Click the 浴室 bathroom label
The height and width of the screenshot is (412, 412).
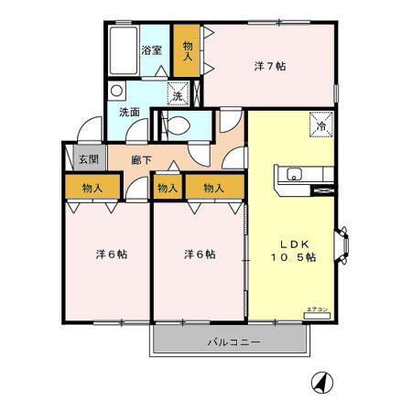(151, 51)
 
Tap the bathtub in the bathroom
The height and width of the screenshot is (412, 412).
(123, 53)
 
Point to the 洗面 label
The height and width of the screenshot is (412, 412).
(129, 112)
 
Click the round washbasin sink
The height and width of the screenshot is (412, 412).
(114, 92)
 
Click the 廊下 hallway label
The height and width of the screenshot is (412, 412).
(141, 160)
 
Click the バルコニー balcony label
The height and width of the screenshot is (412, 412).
(233, 342)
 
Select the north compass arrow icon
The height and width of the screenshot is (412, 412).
(320, 382)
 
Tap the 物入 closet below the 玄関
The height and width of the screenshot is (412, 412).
(92, 189)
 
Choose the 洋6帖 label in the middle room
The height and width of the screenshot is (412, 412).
(198, 254)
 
